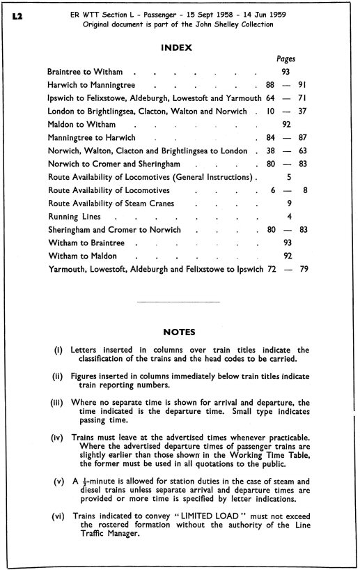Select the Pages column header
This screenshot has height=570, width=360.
pyautogui.click(x=286, y=60)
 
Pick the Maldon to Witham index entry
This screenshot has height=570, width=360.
pyautogui.click(x=81, y=125)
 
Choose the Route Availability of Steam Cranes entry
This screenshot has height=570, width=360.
pyautogui.click(x=111, y=203)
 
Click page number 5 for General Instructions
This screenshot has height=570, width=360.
pyautogui.click(x=288, y=177)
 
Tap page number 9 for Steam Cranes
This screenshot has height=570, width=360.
pyautogui.click(x=288, y=203)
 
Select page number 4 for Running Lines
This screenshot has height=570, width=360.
pyautogui.click(x=288, y=217)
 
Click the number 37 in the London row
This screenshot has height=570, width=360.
pyautogui.click(x=302, y=111)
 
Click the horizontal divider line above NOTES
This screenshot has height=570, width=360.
pyautogui.click(x=179, y=302)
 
